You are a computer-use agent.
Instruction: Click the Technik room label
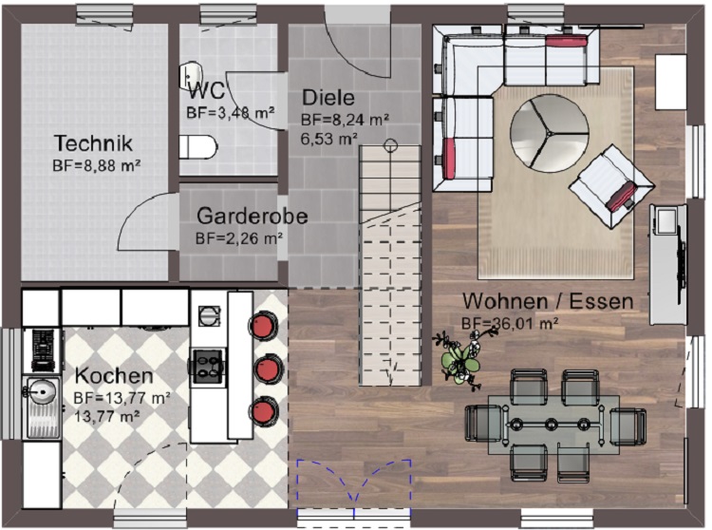pyautogui.click(x=94, y=142)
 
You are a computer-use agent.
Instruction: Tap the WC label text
pyautogui.click(x=206, y=90)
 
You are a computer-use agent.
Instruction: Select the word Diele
pyautogui.click(x=328, y=98)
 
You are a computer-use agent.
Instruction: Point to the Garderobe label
pyautogui.click(x=252, y=216)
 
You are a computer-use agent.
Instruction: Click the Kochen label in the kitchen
pyautogui.click(x=114, y=376)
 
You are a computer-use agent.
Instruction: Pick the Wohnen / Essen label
pyautogui.click(x=548, y=301)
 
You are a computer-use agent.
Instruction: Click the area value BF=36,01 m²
pyautogui.click(x=510, y=323)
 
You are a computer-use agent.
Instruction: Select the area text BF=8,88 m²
pyautogui.click(x=96, y=165)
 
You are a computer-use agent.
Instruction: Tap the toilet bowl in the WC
pyautogui.click(x=198, y=147)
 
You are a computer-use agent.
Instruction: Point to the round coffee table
pyautogui.click(x=550, y=133)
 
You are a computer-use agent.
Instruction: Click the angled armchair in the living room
pyautogui.click(x=612, y=186)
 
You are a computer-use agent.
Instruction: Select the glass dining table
pyautogui.click(x=554, y=425)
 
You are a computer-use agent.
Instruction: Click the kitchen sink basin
pyautogui.click(x=42, y=389)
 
